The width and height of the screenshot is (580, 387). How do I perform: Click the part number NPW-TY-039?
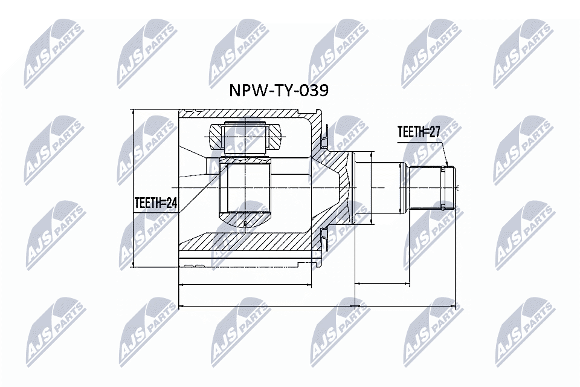tap(279, 91)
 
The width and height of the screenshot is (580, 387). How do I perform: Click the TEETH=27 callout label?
tap(417, 132)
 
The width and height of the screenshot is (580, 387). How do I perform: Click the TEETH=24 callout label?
tap(155, 204)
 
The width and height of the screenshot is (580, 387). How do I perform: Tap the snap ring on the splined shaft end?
tap(445, 188)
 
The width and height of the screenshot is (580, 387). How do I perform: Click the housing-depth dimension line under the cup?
tap(245, 283)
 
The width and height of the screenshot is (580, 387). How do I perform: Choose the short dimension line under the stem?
tap(382, 283)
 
